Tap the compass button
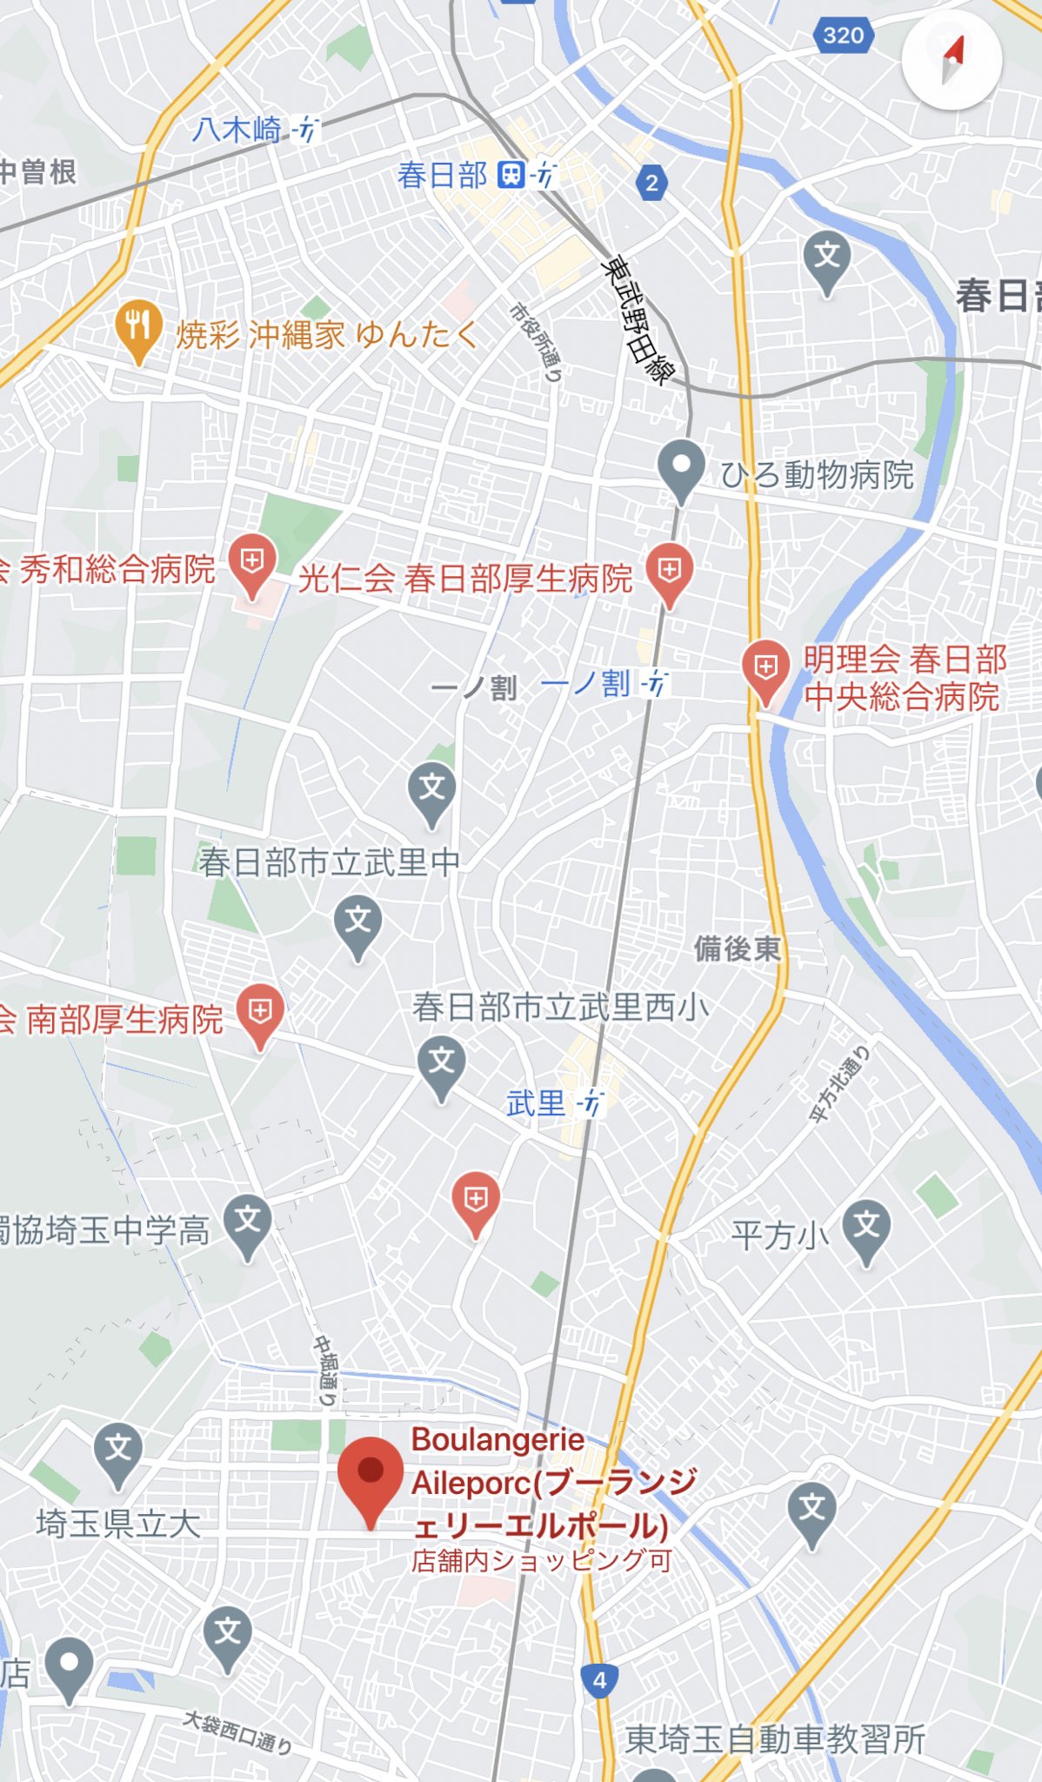(952, 59)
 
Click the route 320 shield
(843, 35)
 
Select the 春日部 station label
(443, 176)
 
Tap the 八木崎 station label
(237, 131)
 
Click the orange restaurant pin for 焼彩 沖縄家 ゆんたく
(137, 329)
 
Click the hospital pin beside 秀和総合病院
(252, 562)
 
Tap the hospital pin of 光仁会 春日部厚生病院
(668, 572)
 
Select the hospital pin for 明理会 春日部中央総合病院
(765, 668)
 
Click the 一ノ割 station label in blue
(585, 684)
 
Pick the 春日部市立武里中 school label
(329, 862)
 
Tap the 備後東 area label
(737, 948)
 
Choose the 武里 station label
(537, 1103)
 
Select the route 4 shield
(598, 1680)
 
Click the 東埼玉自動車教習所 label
(775, 1739)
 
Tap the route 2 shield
(651, 184)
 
